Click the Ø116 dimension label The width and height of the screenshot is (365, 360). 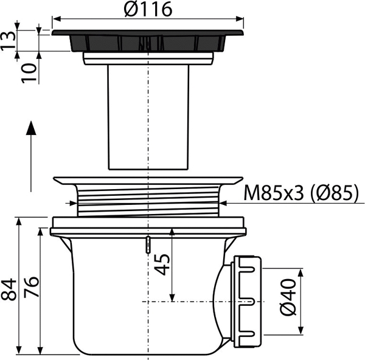point(148,9)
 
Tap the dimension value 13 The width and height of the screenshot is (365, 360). point(8,41)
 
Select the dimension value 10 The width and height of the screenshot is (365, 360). point(29,74)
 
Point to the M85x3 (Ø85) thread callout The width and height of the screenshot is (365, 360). point(301,193)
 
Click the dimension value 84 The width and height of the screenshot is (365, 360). point(9,289)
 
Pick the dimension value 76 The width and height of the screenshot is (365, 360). point(32,287)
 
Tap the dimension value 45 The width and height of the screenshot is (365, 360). point(162,265)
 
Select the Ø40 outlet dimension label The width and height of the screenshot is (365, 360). point(288,297)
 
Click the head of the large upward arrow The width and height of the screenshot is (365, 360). point(31,128)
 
